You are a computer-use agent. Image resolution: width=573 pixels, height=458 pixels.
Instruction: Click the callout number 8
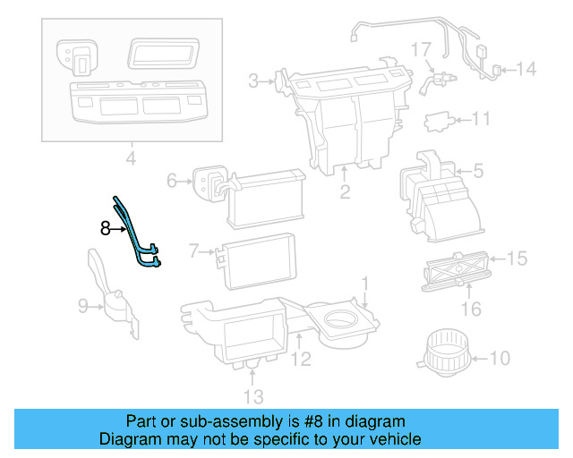coord(105,229)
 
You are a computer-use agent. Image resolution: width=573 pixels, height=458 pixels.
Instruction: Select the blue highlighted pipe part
coord(134,235)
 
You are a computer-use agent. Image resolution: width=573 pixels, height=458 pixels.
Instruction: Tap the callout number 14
coord(526,68)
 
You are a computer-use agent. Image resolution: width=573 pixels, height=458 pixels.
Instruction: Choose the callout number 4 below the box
coord(130,160)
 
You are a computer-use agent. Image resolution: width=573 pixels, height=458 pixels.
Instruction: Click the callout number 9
coord(83,307)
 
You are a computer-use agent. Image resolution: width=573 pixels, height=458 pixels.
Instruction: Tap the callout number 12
coord(301,360)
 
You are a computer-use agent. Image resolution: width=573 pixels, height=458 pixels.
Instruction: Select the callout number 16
coord(471,310)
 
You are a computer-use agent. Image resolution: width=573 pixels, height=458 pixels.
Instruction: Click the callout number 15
coord(517,259)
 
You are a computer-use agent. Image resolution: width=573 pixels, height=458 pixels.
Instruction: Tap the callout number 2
coord(345,191)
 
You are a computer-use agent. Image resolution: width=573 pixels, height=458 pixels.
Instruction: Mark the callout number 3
coord(254,82)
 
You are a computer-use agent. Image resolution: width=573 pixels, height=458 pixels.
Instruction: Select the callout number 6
coord(173,181)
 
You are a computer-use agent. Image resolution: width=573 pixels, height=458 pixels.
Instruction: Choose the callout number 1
coord(364,284)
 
